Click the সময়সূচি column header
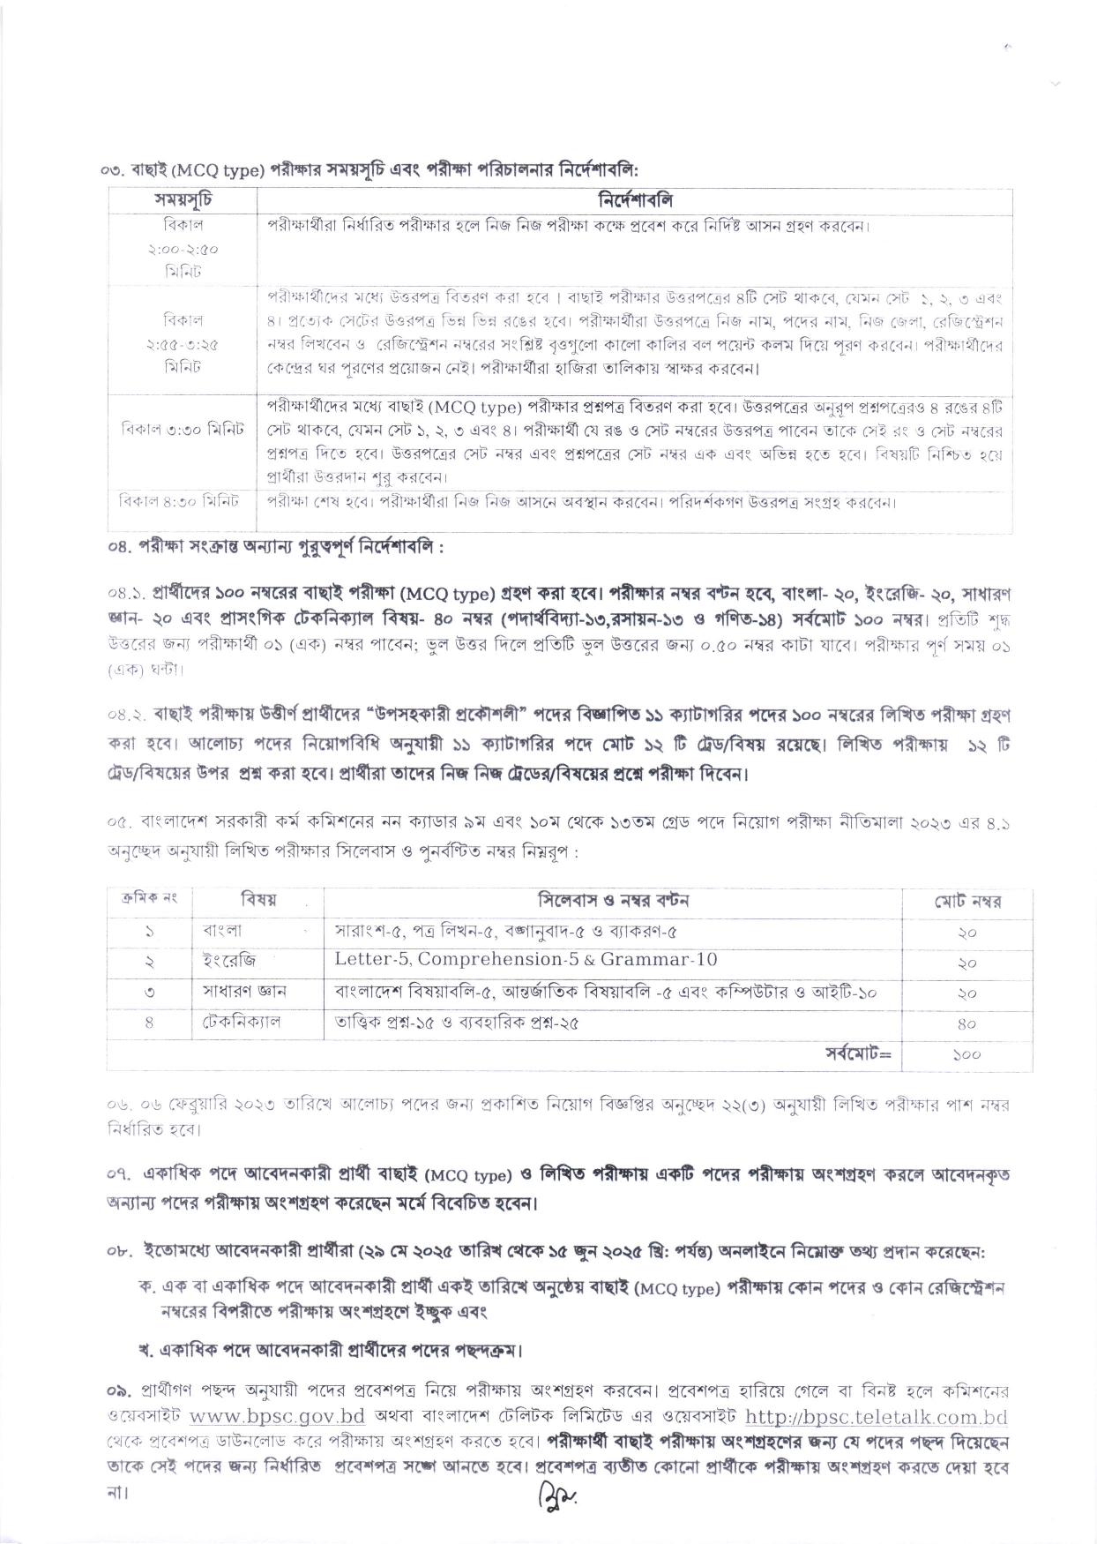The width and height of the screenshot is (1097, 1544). coord(183,200)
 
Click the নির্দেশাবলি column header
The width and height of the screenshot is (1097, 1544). coord(635,200)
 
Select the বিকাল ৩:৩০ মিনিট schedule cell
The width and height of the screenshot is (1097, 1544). coord(183,430)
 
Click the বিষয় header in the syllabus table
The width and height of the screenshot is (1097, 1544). coord(258,900)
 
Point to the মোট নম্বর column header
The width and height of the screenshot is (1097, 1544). coord(967,902)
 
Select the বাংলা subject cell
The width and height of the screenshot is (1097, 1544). coord(222,931)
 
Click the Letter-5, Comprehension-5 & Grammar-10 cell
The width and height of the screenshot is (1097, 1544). coord(526,960)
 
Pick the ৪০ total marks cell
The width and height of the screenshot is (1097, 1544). coord(967,1023)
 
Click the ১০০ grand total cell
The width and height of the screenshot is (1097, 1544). coord(967,1054)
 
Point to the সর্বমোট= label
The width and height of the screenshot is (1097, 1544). coord(858,1053)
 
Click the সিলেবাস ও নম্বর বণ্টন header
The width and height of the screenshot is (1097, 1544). coord(613,900)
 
